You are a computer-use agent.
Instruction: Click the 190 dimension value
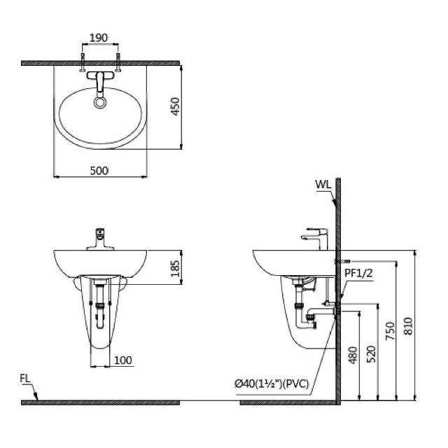(x=99, y=38)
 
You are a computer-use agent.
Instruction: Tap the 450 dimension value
(x=175, y=106)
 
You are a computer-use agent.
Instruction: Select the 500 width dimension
(x=99, y=171)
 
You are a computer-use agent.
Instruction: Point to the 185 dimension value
(x=175, y=268)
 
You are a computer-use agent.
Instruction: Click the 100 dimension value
(x=123, y=360)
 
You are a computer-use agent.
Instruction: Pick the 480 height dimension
(x=353, y=355)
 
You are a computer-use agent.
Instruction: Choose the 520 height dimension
(x=371, y=354)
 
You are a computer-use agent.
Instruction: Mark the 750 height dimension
(x=390, y=331)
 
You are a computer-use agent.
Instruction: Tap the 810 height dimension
(x=408, y=326)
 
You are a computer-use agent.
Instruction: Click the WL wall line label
(x=323, y=185)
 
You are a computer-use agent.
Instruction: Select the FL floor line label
(x=25, y=379)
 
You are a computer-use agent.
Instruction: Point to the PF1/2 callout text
(x=358, y=274)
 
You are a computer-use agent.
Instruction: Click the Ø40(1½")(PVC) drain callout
(x=272, y=384)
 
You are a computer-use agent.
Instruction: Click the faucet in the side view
(x=315, y=239)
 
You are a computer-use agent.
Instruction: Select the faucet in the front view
(x=100, y=239)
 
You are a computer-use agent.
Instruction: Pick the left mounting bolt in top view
(x=83, y=62)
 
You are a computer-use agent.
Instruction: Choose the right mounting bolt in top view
(x=118, y=62)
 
